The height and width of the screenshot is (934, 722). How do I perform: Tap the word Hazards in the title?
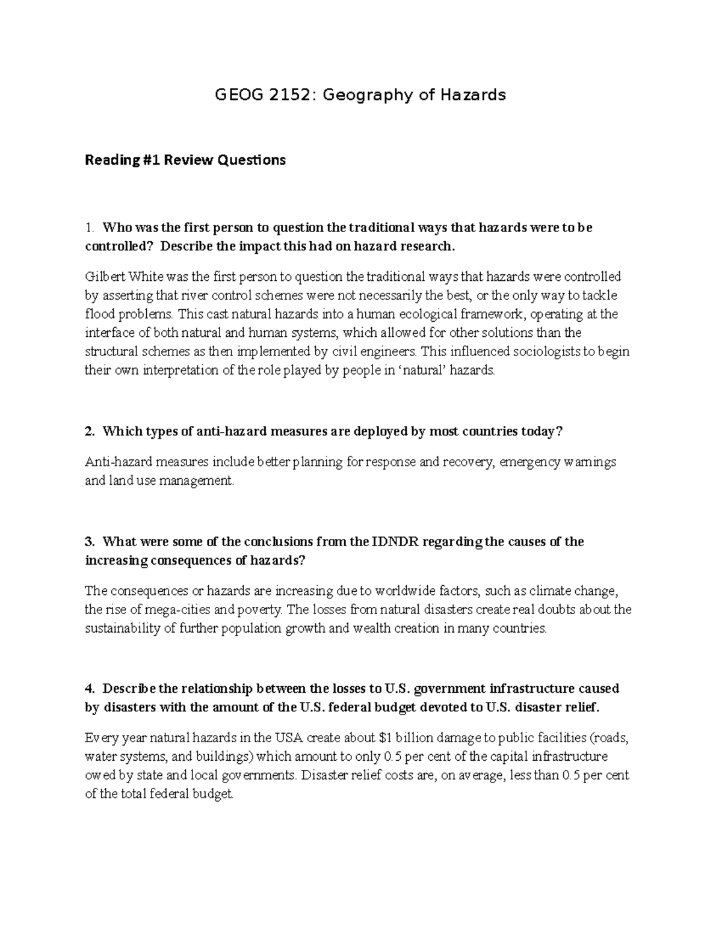[472, 95]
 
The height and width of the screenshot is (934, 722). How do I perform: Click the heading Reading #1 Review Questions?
[185, 160]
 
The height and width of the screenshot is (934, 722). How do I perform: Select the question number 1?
[89, 228]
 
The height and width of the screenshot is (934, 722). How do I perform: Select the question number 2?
[90, 432]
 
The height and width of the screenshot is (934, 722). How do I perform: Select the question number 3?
[90, 542]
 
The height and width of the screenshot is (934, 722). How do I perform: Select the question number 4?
[90, 689]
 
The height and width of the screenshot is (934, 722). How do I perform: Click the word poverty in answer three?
[260, 610]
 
